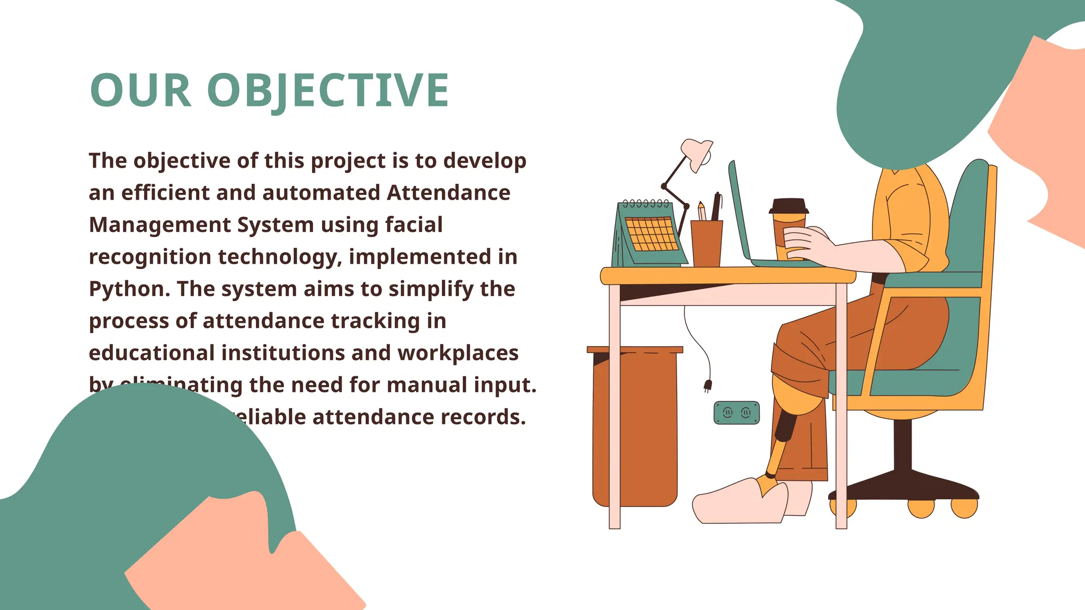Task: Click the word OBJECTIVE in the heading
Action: pos(328,91)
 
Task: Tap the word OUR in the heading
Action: pos(141,91)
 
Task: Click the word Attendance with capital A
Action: pos(448,193)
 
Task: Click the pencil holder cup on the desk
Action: pos(707,244)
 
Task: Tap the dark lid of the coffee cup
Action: pos(789,206)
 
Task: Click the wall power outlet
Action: pos(736,413)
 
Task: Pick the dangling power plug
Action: pos(707,386)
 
